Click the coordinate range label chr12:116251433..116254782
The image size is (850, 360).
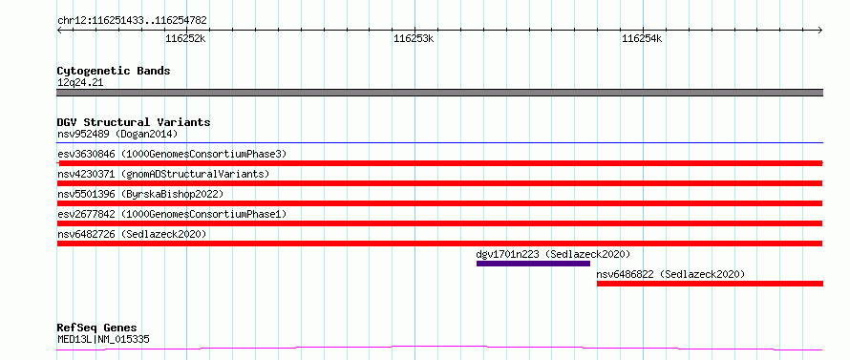point(132,21)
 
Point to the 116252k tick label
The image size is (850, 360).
point(186,38)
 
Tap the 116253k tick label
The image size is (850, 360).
point(414,38)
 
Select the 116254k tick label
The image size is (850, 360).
point(643,38)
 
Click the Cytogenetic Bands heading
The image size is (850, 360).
point(114,71)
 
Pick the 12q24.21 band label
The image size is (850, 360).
point(80,82)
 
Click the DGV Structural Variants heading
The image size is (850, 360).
point(134,122)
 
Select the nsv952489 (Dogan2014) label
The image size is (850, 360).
point(117,134)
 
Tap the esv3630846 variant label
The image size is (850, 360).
point(172,154)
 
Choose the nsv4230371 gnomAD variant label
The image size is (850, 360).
point(163,174)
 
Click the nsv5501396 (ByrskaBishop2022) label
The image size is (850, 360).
point(140,194)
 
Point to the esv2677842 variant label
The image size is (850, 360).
point(172,214)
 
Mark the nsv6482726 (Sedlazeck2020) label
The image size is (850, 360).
point(132,234)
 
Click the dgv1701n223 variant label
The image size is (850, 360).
point(553,254)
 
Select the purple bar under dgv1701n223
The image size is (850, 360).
point(533,264)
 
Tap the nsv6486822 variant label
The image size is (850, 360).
point(670,274)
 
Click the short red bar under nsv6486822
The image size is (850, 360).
point(711,284)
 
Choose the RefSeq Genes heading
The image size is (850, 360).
point(97,328)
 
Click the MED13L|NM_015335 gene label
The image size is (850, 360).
point(103,339)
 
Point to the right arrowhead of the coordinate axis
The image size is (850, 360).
point(821,31)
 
